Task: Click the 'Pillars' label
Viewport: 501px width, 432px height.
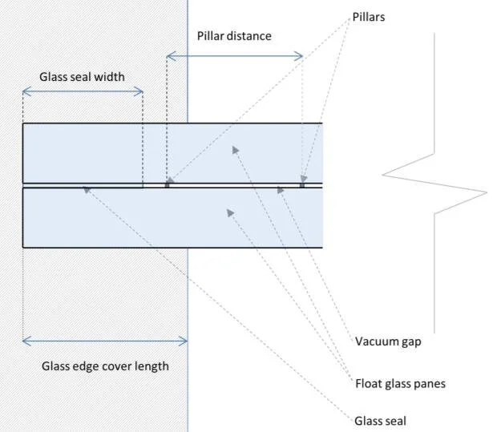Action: point(369,17)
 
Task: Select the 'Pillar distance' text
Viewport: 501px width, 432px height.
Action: point(234,36)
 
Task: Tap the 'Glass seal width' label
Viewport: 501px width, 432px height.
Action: point(82,78)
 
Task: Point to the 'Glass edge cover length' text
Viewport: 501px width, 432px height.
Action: point(105,366)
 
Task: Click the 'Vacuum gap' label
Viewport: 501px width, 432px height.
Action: point(388,341)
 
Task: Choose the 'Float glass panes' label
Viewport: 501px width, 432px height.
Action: point(400,383)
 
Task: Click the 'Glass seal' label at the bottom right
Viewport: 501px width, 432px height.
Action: point(381,419)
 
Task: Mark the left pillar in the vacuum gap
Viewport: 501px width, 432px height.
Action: point(167,184)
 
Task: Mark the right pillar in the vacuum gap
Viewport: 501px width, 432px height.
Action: point(302,184)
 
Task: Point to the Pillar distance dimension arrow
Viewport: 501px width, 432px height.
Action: point(234,55)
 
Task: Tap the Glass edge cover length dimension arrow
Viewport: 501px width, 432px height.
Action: point(105,341)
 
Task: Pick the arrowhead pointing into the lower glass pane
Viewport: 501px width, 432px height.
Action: point(229,212)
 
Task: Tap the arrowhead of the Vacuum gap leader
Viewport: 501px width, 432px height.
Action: point(280,189)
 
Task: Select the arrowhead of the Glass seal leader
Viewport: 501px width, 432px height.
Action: point(85,189)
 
